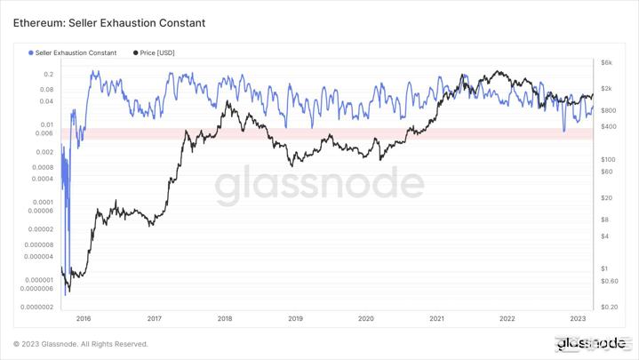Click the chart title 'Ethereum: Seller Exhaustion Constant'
click(108, 22)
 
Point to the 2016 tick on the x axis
click(83, 317)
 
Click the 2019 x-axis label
click(295, 317)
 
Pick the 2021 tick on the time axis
click(436, 317)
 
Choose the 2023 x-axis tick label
click(578, 317)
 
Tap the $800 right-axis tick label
click(608, 110)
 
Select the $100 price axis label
click(608, 158)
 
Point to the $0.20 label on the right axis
click(609, 307)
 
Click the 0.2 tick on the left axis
click(48, 75)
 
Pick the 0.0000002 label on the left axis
click(29, 307)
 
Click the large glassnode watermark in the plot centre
click(320, 185)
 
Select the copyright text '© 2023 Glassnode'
click(80, 344)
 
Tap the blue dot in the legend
click(31, 53)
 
